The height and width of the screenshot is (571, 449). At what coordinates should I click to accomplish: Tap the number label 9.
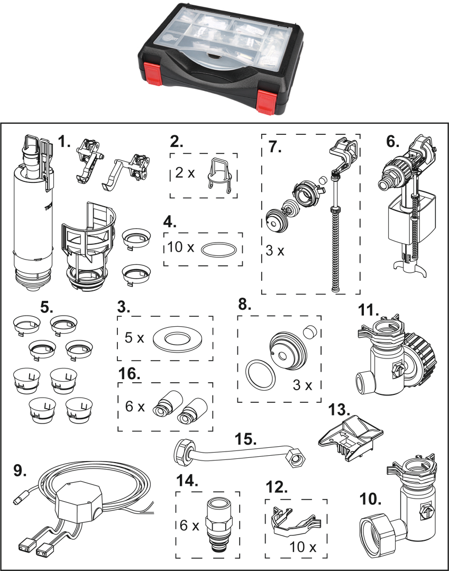point(20,471)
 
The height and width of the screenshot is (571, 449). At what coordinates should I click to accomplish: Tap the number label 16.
point(129,374)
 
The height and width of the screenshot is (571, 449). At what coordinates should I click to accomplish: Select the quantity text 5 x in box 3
point(133,338)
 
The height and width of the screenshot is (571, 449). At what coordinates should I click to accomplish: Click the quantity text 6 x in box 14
point(188,526)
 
